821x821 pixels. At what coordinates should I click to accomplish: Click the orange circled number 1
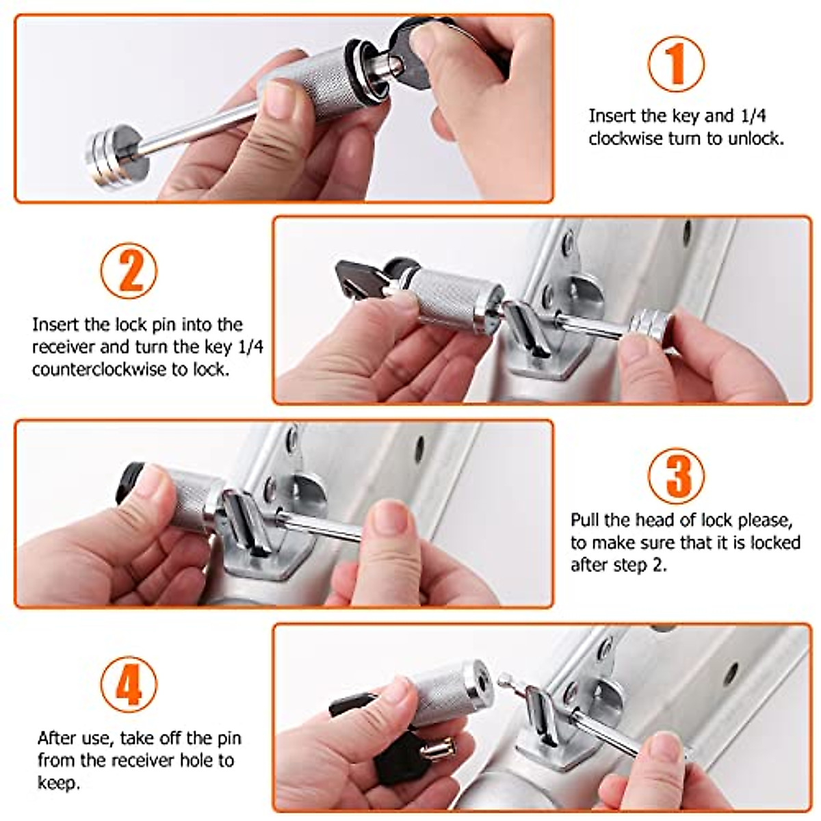(x=676, y=64)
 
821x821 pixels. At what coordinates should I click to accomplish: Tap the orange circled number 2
(x=129, y=270)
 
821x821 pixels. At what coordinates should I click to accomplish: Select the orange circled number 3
(x=676, y=476)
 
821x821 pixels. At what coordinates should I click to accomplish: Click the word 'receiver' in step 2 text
(x=64, y=348)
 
